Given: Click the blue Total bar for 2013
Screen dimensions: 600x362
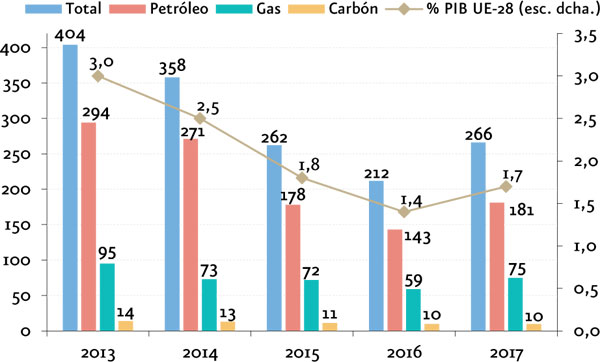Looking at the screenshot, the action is [x=70, y=188].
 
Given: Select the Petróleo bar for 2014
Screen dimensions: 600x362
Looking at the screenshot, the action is [x=191, y=235].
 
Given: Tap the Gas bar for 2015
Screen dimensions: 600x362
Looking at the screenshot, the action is [x=311, y=305].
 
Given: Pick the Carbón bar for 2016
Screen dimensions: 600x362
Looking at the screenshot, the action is [x=432, y=327].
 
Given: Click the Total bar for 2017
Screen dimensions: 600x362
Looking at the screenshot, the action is [x=478, y=236].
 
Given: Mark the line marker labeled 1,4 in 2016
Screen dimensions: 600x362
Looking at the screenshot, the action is [x=404, y=212].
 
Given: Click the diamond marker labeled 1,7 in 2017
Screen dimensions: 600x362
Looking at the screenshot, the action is [x=506, y=187].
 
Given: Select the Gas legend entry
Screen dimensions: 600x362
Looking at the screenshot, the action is [x=248, y=8].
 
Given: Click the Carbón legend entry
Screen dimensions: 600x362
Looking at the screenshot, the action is [x=332, y=8].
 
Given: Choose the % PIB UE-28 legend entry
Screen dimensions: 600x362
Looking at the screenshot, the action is [x=491, y=8].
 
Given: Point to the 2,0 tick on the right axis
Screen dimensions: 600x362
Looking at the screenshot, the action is [x=585, y=161].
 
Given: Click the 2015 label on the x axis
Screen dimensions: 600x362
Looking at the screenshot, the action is [x=302, y=353].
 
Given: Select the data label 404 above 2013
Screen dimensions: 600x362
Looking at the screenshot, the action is [x=70, y=36].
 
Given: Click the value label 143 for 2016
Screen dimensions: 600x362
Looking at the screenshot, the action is [x=417, y=237].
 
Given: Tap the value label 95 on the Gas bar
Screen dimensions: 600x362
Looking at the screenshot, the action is [x=107, y=253].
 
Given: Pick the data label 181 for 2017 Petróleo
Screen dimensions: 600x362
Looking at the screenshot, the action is [x=522, y=210].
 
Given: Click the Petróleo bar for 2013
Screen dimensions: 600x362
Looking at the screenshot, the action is [x=89, y=227].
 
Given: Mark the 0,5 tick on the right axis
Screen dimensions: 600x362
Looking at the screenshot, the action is [x=585, y=289].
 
